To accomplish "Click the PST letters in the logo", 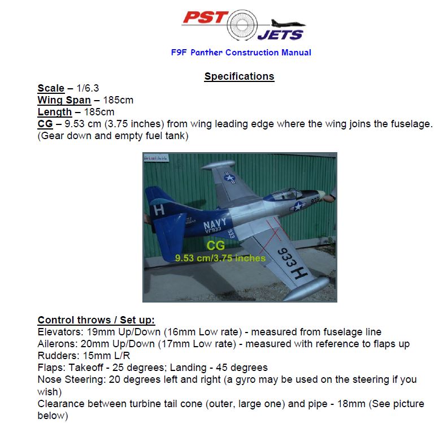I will point(207,19).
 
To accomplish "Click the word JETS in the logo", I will point(280,34).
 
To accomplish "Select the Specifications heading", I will point(239,76).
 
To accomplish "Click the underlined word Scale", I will point(51,88).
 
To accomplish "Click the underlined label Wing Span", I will point(64,100).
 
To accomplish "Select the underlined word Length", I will point(55,112).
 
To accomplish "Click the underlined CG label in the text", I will point(45,124).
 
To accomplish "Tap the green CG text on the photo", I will point(215,246).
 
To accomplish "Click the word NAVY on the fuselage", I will point(216,226).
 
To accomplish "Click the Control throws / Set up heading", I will point(96,320).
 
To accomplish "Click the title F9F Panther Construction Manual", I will point(241,53).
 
